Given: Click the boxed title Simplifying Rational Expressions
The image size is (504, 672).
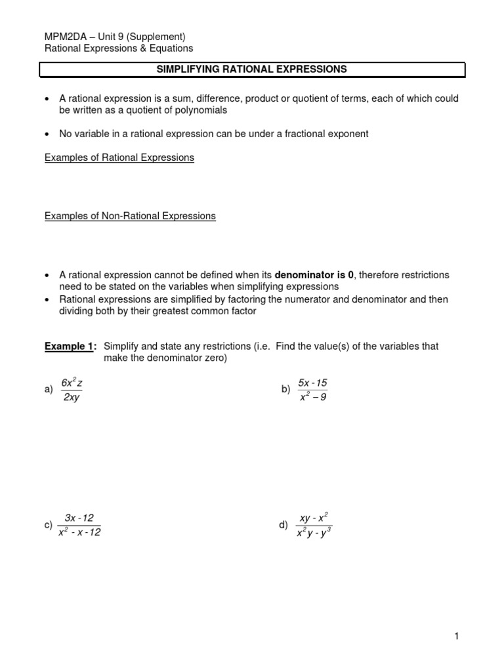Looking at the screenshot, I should (253, 69).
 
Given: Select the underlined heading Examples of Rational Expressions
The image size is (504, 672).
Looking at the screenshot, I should (119, 158).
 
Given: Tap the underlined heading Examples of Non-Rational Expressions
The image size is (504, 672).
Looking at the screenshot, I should (130, 216).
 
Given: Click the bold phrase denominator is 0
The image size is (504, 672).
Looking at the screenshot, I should (315, 275).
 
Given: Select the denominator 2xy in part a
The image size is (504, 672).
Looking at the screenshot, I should (71, 398).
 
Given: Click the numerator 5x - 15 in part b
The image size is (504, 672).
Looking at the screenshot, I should (312, 382).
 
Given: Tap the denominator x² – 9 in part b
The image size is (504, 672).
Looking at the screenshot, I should (313, 398).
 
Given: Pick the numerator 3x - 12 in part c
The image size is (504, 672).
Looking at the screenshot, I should (79, 518).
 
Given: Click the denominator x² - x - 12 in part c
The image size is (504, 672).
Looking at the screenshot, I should (79, 533).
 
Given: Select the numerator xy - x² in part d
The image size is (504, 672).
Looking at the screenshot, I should (314, 518).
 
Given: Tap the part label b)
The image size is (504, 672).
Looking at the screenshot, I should (285, 390).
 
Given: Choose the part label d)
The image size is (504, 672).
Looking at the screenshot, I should (283, 525).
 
